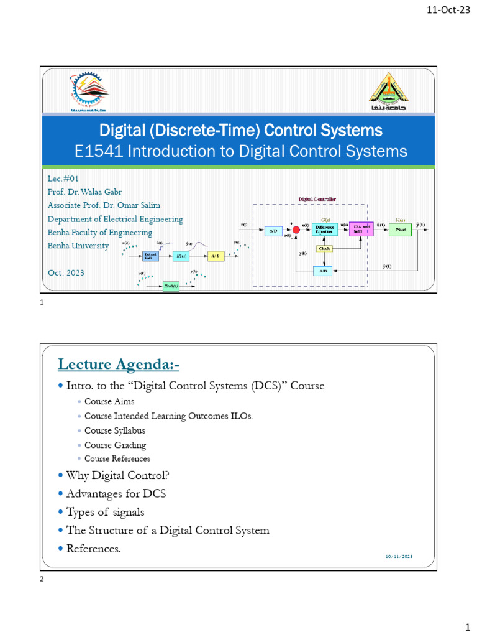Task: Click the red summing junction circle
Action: click(x=296, y=230)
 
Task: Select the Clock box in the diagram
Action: click(x=324, y=248)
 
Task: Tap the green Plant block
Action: click(x=400, y=230)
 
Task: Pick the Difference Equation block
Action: click(x=324, y=230)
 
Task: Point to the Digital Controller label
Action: click(x=317, y=199)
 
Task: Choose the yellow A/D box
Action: click(x=216, y=256)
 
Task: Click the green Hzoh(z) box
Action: click(x=171, y=286)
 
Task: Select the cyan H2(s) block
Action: click(x=181, y=256)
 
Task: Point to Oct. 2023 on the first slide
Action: click(x=66, y=272)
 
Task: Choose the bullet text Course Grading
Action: click(x=115, y=445)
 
